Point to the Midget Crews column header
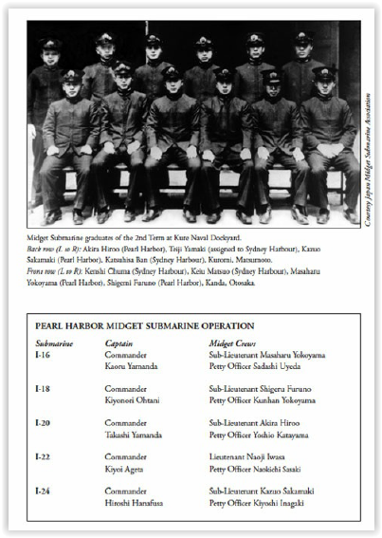tap(235, 342)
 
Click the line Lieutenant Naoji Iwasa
tap(250, 455)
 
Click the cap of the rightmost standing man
tap(304, 38)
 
